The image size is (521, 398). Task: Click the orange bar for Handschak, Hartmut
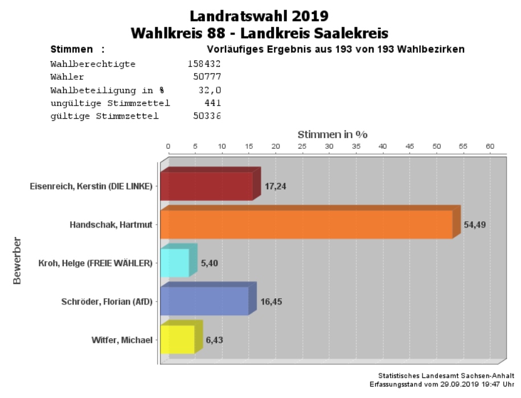coord(306,224)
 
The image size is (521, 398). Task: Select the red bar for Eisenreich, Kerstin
coord(206,186)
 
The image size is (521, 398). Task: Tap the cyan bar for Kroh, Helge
coord(175,263)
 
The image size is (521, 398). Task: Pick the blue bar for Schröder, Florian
coord(204,301)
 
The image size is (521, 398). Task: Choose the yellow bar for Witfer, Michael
coord(178,339)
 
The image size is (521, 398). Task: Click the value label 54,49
coord(475,225)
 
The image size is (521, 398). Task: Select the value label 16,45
coord(270,302)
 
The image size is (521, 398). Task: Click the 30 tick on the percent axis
coord(329,147)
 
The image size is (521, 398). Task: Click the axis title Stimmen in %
coord(333,135)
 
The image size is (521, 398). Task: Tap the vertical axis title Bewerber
coord(17,261)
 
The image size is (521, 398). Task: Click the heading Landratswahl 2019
coord(259,15)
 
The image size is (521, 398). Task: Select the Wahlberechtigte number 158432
coord(204,64)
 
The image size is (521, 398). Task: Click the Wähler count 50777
coord(207,77)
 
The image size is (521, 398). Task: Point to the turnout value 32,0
coord(212,90)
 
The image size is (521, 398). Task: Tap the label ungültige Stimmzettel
coord(110,103)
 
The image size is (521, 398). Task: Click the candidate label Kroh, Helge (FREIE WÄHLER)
coord(95,263)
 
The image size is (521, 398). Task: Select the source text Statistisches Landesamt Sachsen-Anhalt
coord(446,376)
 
